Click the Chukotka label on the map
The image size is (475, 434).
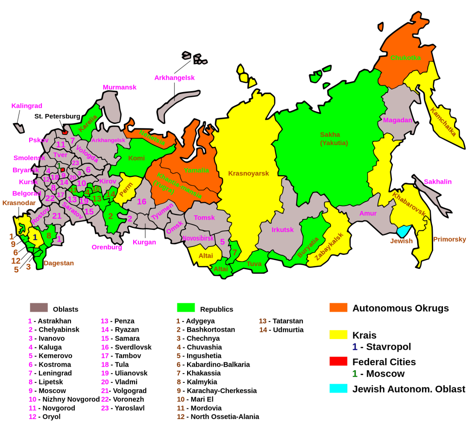coord(405,58)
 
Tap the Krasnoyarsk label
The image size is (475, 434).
coord(248,174)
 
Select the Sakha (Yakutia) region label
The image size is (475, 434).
coord(334,139)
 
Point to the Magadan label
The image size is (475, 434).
coord(397,120)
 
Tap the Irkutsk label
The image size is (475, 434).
coord(283,230)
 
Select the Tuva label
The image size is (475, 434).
coord(254,264)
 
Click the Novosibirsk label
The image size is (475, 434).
coord(198,238)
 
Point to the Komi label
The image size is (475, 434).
coord(136,158)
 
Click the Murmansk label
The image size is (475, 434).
coord(120,87)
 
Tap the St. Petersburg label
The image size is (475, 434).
coord(57,116)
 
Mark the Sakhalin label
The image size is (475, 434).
coord(437,182)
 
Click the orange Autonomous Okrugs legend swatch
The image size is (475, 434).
coord(338,308)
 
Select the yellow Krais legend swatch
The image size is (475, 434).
coord(338,334)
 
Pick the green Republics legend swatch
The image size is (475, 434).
coord(186,308)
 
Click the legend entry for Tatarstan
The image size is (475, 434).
coord(281,321)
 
